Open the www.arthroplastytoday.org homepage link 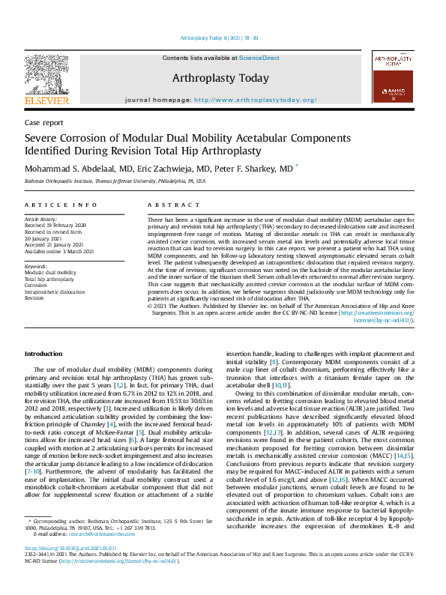pos(255,100)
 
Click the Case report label pos(44,122)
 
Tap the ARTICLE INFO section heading pos(61,205)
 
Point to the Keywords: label pos(37,266)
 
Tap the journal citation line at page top pos(222,37)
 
